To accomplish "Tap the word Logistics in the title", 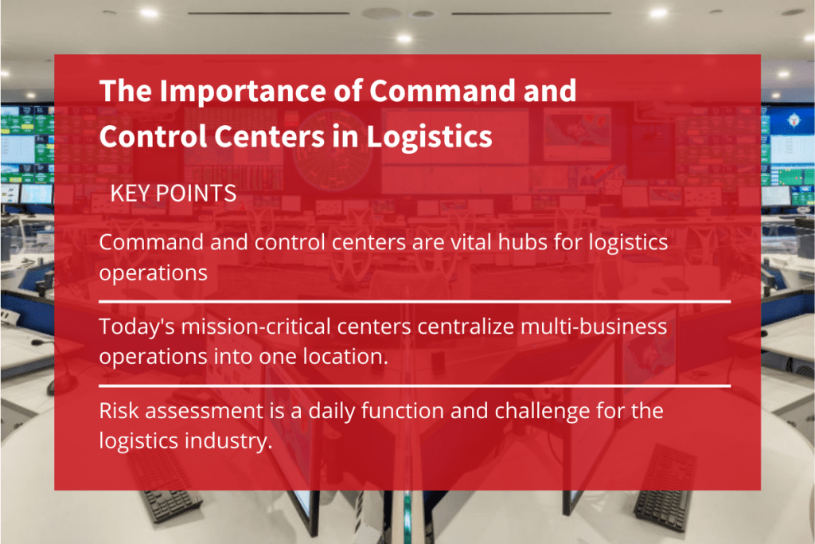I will (429, 136).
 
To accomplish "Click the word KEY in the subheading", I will (131, 194).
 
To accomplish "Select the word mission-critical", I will (252, 326).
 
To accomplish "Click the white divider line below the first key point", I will (414, 302).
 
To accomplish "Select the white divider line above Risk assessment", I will (414, 385).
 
